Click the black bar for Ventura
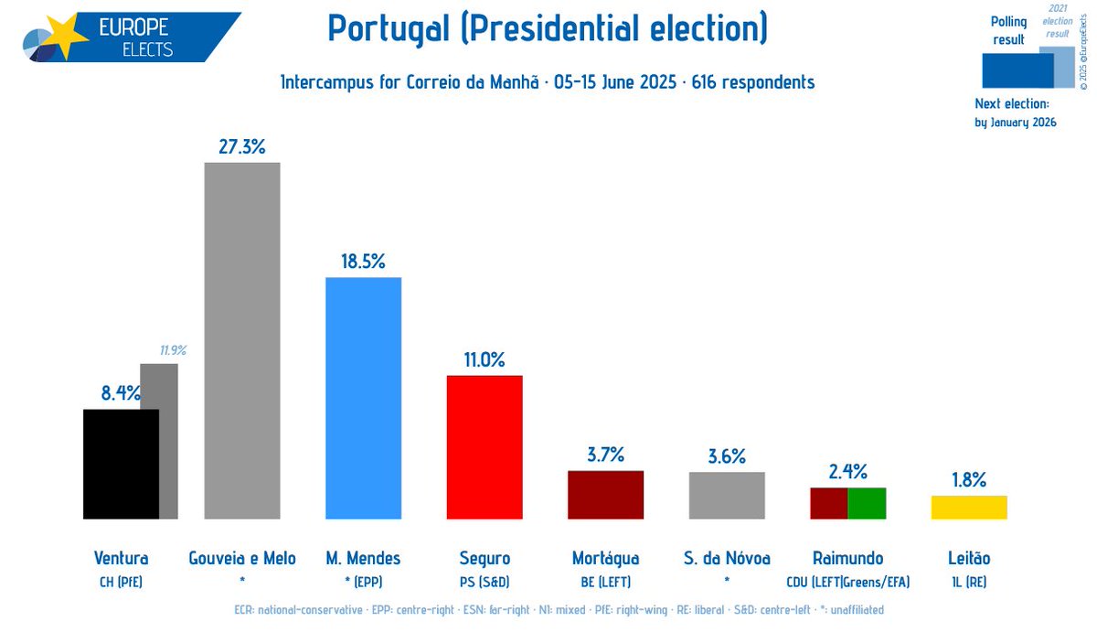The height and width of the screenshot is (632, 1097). point(121,464)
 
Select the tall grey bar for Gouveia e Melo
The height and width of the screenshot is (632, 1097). point(242,340)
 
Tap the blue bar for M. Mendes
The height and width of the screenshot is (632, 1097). point(363,398)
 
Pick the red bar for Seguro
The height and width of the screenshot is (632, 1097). point(484,447)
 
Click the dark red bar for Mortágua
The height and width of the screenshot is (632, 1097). point(605,495)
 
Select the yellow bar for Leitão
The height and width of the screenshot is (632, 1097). point(969,508)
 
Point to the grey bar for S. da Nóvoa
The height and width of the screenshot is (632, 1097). point(727,496)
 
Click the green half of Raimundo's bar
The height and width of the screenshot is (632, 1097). point(867,503)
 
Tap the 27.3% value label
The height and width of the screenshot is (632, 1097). point(242,146)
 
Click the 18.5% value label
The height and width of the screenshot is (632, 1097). point(363,261)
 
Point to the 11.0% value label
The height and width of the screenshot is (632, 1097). point(484,359)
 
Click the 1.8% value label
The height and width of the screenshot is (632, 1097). point(969,479)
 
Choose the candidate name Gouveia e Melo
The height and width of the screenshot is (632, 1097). point(242,558)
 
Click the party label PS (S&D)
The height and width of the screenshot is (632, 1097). point(484,581)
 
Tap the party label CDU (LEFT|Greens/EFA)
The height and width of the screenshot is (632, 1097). point(847,581)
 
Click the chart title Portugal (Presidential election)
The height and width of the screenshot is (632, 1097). point(548,29)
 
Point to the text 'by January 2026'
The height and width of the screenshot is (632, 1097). point(1016,123)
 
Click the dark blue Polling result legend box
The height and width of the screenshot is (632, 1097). point(1017,70)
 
